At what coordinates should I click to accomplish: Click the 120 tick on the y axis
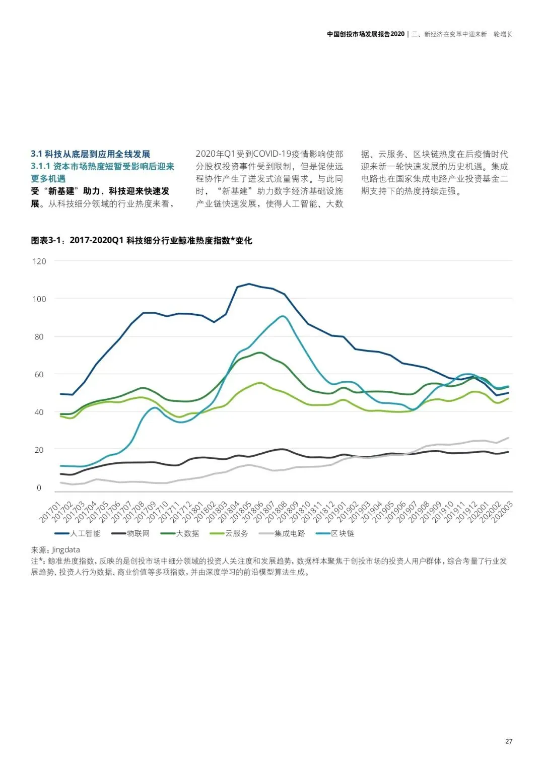(x=39, y=261)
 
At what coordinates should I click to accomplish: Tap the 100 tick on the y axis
(x=39, y=299)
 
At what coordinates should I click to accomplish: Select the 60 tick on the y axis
(x=39, y=375)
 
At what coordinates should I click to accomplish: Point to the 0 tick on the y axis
(x=39, y=487)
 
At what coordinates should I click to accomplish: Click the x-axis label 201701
(x=51, y=512)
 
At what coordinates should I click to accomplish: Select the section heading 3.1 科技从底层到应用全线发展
(x=91, y=154)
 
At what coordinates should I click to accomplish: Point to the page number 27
(x=509, y=741)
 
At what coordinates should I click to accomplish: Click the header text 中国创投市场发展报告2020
(x=366, y=34)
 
